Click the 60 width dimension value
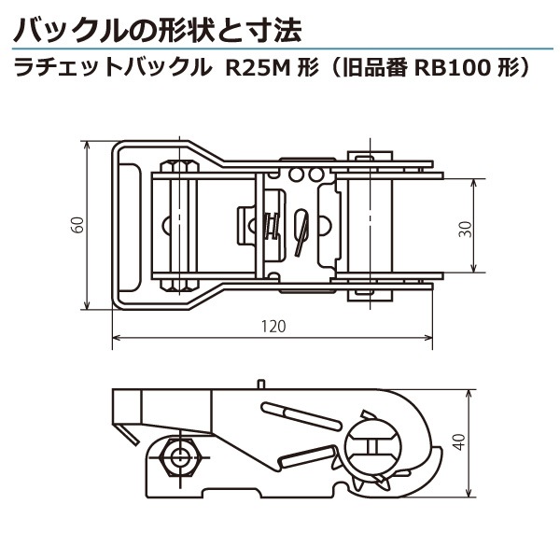[78, 225]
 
